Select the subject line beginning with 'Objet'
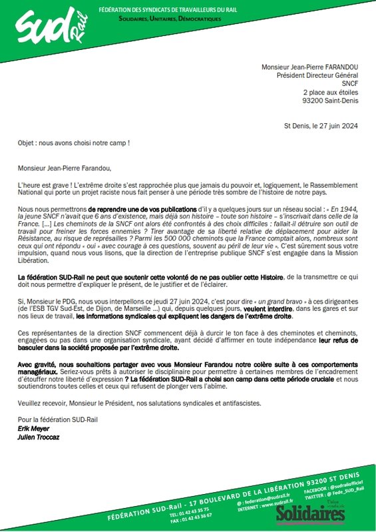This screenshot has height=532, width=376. click(73, 142)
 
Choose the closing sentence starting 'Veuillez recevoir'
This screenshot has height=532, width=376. click(140, 403)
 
